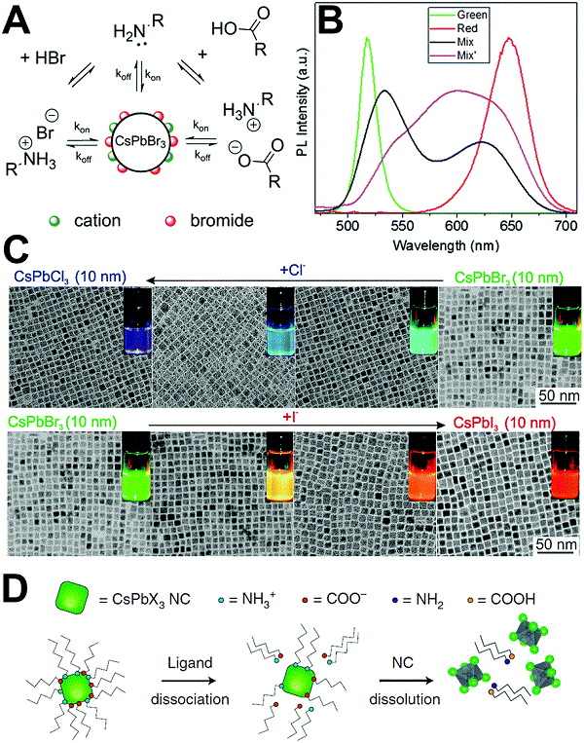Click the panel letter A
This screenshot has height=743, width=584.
click(17, 18)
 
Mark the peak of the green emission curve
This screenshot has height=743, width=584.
click(367, 38)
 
